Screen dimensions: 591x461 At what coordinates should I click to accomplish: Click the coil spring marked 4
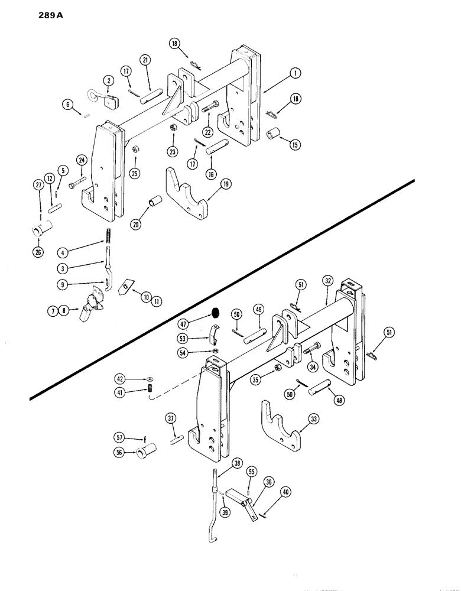click(109, 235)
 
